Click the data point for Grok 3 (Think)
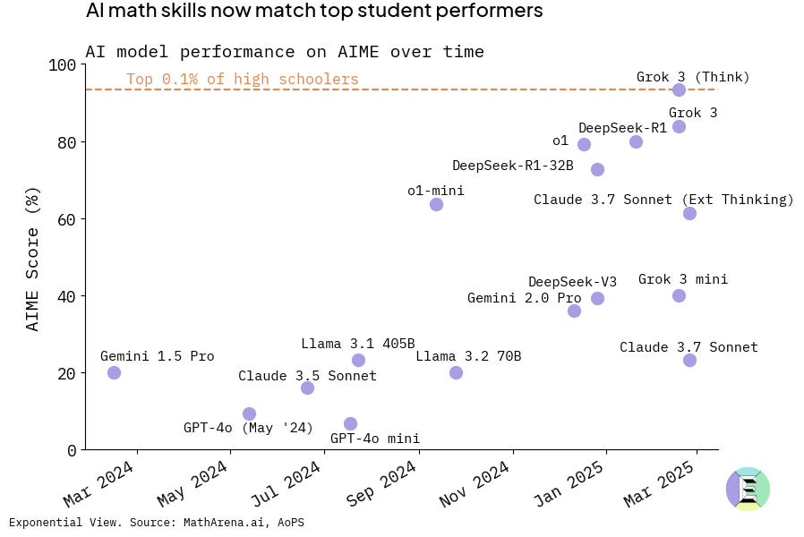(x=679, y=89)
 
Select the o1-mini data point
(x=436, y=204)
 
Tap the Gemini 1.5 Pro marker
(x=114, y=372)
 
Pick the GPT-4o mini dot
(x=350, y=423)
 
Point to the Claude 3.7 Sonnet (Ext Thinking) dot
(x=689, y=213)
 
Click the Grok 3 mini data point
(x=679, y=295)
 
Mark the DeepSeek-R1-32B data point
(x=597, y=169)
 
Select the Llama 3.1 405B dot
(x=358, y=360)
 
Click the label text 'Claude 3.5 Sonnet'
(x=307, y=376)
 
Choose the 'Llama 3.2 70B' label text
(x=468, y=356)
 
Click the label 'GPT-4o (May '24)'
(x=248, y=428)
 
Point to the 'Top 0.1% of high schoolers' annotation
(x=242, y=80)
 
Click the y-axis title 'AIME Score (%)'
(x=33, y=259)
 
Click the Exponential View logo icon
(x=748, y=490)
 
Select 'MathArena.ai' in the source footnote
(x=222, y=523)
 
